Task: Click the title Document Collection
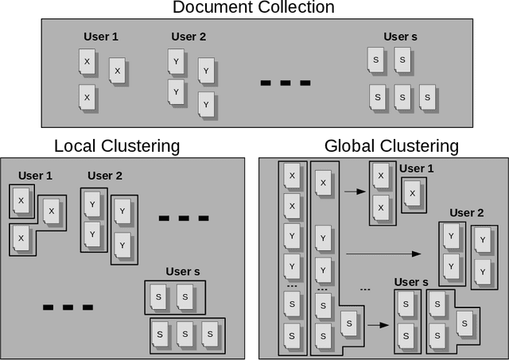tap(254, 8)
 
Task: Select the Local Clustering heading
tap(117, 146)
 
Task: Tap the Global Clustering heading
tap(391, 146)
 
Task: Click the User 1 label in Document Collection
tap(101, 37)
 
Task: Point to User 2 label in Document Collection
tap(188, 37)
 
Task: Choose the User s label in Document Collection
tap(401, 37)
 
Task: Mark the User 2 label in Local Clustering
tap(105, 176)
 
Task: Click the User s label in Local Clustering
tap(183, 272)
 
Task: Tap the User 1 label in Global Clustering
tap(418, 169)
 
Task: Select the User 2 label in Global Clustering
tap(467, 213)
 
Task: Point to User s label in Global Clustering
tap(411, 282)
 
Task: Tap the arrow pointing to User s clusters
tap(378, 324)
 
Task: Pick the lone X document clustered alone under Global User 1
tap(412, 194)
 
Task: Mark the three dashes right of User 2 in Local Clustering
tap(184, 218)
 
